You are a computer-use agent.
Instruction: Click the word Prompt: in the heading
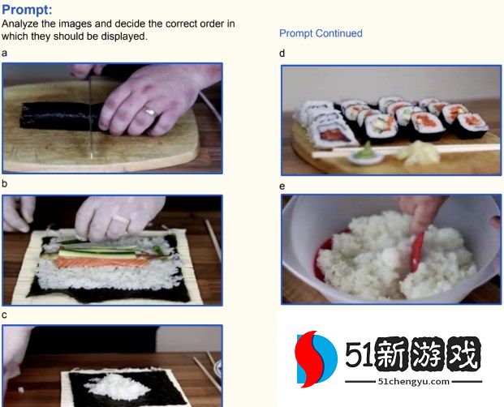point(27,10)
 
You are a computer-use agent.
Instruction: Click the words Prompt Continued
point(321,33)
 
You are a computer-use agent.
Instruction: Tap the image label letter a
point(4,53)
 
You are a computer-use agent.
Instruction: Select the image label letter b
point(4,183)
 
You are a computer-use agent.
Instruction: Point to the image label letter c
point(4,315)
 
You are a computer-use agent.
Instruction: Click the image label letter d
point(282,53)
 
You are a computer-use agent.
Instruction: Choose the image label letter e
point(282,186)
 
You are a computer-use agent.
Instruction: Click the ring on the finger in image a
point(150,112)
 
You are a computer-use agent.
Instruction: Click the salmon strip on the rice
point(102,262)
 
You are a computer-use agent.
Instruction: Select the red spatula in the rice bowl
point(417,251)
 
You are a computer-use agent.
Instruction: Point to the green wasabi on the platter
point(367,151)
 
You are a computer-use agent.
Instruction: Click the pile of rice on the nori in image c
point(118,386)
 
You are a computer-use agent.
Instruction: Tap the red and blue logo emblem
point(316,359)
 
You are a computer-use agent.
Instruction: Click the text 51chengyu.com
point(414,381)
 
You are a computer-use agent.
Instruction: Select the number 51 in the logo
point(360,354)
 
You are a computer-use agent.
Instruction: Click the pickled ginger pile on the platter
point(418,151)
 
